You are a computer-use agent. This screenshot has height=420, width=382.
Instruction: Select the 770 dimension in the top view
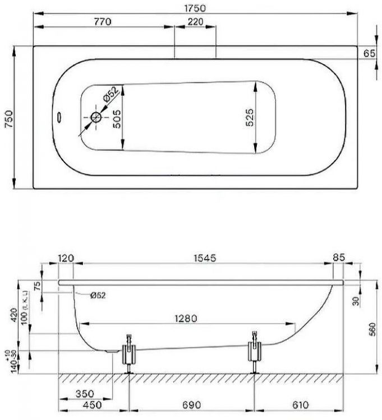coord(102,22)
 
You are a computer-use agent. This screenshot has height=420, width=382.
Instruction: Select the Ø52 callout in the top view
coord(111,95)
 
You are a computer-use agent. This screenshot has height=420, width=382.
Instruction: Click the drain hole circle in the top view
coord(96,118)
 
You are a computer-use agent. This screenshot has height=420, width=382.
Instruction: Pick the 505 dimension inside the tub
coord(116,119)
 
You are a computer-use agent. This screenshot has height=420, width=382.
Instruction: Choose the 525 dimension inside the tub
coord(250,119)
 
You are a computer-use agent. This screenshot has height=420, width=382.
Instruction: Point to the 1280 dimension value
coord(185,318)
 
